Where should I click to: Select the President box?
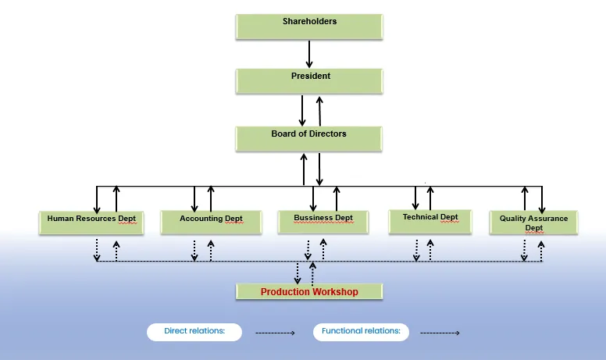[309, 80]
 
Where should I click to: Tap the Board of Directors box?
[309, 137]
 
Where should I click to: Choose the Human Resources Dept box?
[91, 222]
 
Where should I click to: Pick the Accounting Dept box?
[211, 222]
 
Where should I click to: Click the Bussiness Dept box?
[323, 221]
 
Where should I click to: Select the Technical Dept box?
[430, 220]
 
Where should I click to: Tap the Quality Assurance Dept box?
[534, 223]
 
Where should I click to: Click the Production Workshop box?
[309, 291]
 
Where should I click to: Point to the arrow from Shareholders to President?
[309, 54]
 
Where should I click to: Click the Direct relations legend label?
[194, 331]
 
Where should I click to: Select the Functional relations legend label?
[361, 331]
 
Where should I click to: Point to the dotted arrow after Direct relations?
[275, 333]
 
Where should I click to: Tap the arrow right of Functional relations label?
[440, 333]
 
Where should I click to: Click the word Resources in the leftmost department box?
[95, 219]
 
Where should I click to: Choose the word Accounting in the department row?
[201, 219]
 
